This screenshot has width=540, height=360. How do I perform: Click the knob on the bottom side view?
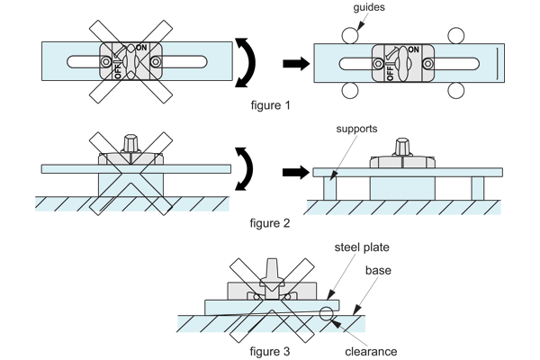point(270,271)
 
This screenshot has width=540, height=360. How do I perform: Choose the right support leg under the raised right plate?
point(477,185)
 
